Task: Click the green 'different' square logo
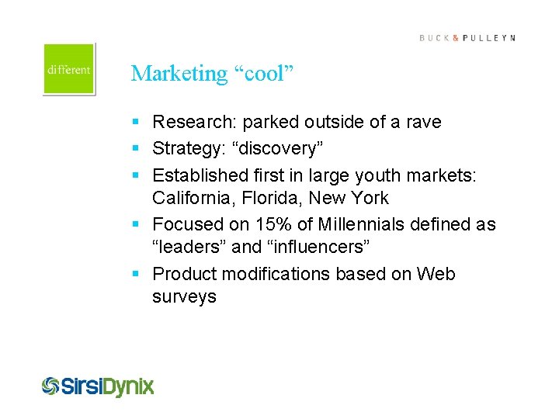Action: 69,69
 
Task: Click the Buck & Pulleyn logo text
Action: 467,38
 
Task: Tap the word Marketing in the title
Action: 178,73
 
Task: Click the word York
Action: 367,199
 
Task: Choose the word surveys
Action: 184,297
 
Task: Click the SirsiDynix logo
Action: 98,386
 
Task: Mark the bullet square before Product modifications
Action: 136,275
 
